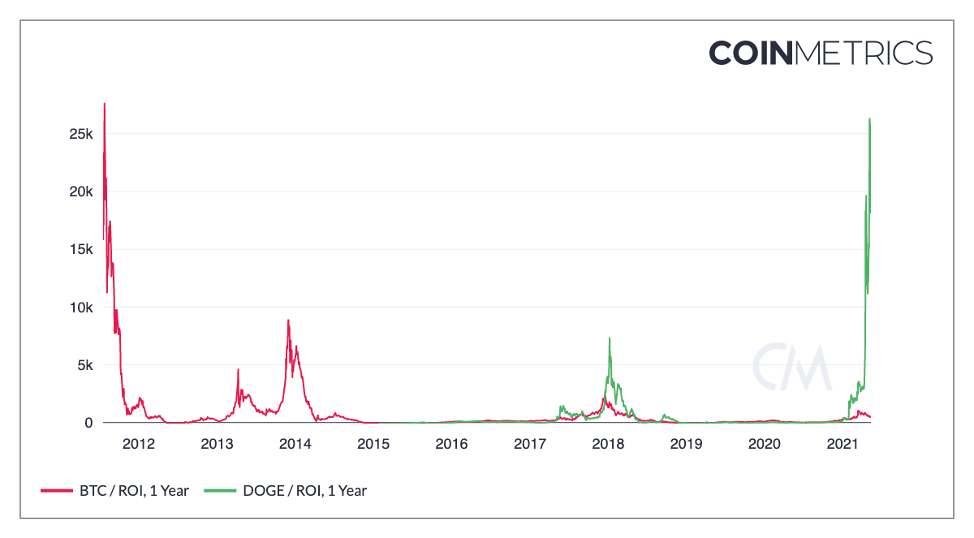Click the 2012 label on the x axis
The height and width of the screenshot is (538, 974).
[138, 444]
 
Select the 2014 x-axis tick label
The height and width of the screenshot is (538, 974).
[295, 444]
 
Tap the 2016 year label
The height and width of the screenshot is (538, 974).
[451, 444]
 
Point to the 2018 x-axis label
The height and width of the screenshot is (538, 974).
[608, 444]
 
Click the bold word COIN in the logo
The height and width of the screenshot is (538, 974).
[750, 53]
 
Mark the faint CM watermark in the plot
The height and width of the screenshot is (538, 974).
[791, 368]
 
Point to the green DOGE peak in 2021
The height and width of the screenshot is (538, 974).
[869, 119]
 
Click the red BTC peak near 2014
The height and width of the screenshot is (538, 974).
[288, 321]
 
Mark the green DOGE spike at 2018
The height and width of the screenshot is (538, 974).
[609, 338]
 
